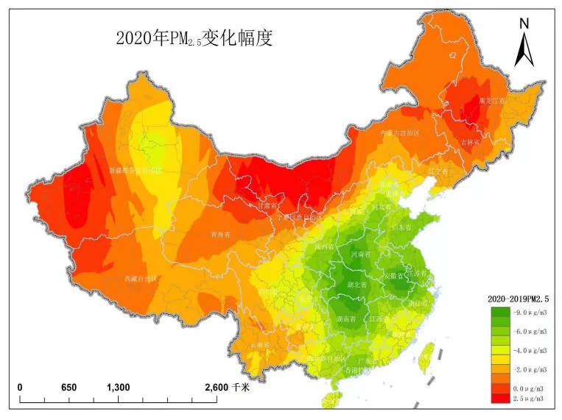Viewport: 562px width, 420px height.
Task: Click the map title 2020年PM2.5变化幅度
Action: [x=194, y=38]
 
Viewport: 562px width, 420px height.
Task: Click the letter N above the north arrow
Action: [x=524, y=24]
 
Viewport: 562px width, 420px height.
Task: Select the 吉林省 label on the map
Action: [x=470, y=142]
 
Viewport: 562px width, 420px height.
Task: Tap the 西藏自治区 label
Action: [x=141, y=279]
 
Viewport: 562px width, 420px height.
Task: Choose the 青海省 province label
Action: [x=220, y=235]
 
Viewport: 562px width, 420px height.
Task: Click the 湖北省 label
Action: [x=356, y=285]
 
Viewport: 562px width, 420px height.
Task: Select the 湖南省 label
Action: [x=347, y=319]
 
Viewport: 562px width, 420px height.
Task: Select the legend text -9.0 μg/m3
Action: [x=527, y=313]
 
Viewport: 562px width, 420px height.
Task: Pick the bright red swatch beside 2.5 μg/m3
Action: [x=500, y=397]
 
